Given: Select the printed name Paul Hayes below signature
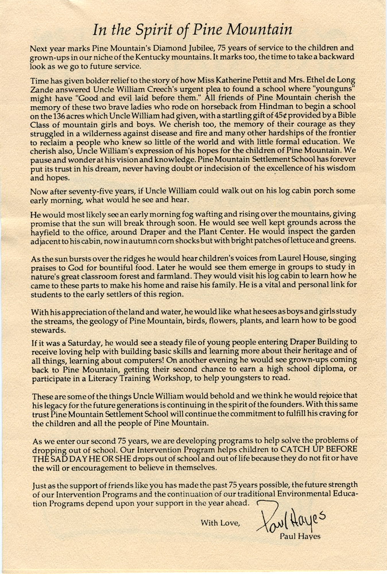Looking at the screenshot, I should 300,537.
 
